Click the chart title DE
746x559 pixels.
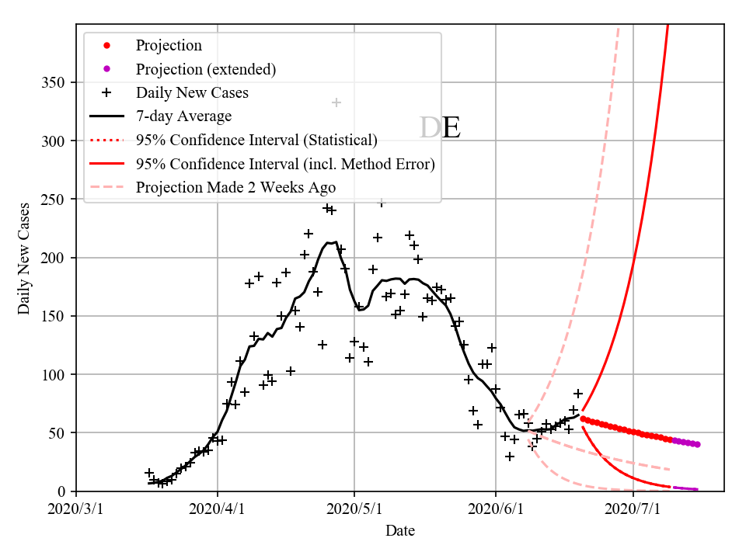click(x=440, y=127)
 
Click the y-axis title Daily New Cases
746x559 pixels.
click(x=24, y=258)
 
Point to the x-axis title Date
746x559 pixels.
click(x=400, y=531)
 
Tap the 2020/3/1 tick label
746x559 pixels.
click(x=76, y=509)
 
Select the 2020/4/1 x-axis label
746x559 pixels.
click(x=217, y=509)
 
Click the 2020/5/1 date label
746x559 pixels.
click(x=354, y=509)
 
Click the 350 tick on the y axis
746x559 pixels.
click(x=54, y=83)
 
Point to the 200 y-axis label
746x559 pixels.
click(x=54, y=258)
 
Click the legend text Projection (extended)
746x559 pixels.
click(x=206, y=69)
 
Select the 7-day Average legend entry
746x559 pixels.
click(x=183, y=116)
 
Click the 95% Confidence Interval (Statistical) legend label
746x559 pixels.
click(x=256, y=141)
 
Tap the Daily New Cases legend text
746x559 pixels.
click(x=192, y=93)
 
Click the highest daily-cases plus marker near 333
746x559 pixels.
click(x=336, y=102)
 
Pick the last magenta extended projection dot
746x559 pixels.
click(x=698, y=445)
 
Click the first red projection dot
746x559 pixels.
click(x=583, y=418)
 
